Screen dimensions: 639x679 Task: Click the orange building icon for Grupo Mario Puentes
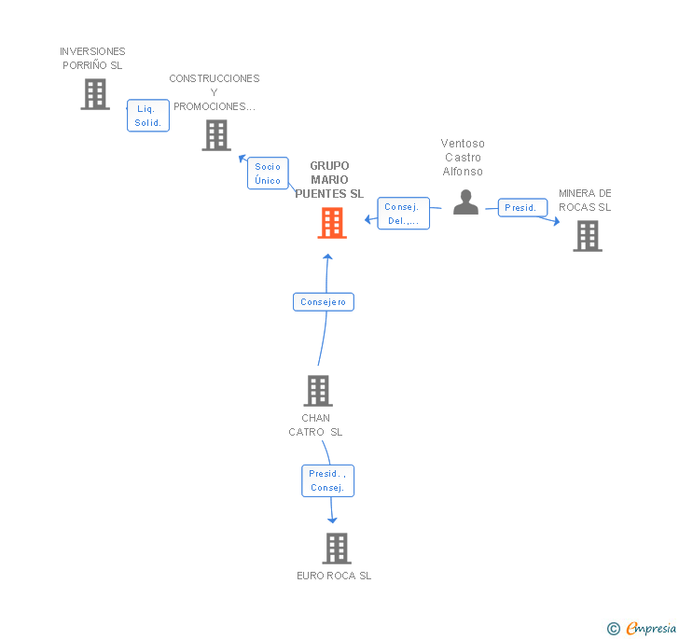point(332,223)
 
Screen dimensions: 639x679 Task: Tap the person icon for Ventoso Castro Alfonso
point(465,202)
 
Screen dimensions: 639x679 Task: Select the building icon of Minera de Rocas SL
point(588,236)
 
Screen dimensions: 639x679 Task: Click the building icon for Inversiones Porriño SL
point(94,94)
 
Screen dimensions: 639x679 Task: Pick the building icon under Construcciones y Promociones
point(216,135)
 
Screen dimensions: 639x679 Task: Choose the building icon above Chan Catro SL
point(318,390)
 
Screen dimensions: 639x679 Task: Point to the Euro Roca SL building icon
point(337,549)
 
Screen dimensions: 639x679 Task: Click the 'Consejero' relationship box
point(324,302)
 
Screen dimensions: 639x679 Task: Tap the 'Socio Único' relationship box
point(268,174)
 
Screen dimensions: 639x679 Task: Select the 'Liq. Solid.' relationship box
point(148,116)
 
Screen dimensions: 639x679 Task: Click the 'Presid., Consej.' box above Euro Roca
point(327,480)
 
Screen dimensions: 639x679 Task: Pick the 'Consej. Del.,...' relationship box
point(403,214)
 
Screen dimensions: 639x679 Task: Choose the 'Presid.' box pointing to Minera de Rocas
point(520,208)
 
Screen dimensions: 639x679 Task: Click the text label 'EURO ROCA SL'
point(334,576)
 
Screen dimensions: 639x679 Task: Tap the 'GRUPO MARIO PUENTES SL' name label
point(329,180)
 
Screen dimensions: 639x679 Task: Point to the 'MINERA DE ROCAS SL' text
point(585,201)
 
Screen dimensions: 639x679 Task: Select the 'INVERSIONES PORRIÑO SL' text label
point(92,59)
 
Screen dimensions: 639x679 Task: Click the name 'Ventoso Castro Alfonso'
point(463,158)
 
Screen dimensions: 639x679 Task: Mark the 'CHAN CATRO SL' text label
point(315,425)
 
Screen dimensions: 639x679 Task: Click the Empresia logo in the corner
point(643,628)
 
